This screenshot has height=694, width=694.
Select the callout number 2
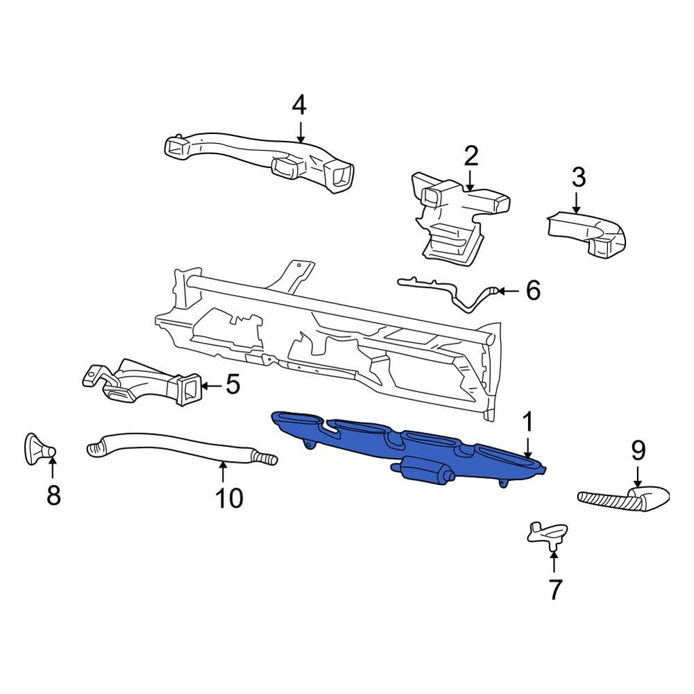pos(471,156)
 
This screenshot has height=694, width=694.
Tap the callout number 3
pos(578,178)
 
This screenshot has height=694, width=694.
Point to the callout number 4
pos(299,105)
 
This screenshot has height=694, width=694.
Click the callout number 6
pos(532,290)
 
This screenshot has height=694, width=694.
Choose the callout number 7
pos(555,590)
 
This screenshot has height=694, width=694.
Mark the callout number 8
pos(53,496)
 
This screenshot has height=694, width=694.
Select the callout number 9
pos(638,450)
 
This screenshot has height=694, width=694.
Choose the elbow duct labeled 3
pos(590,232)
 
